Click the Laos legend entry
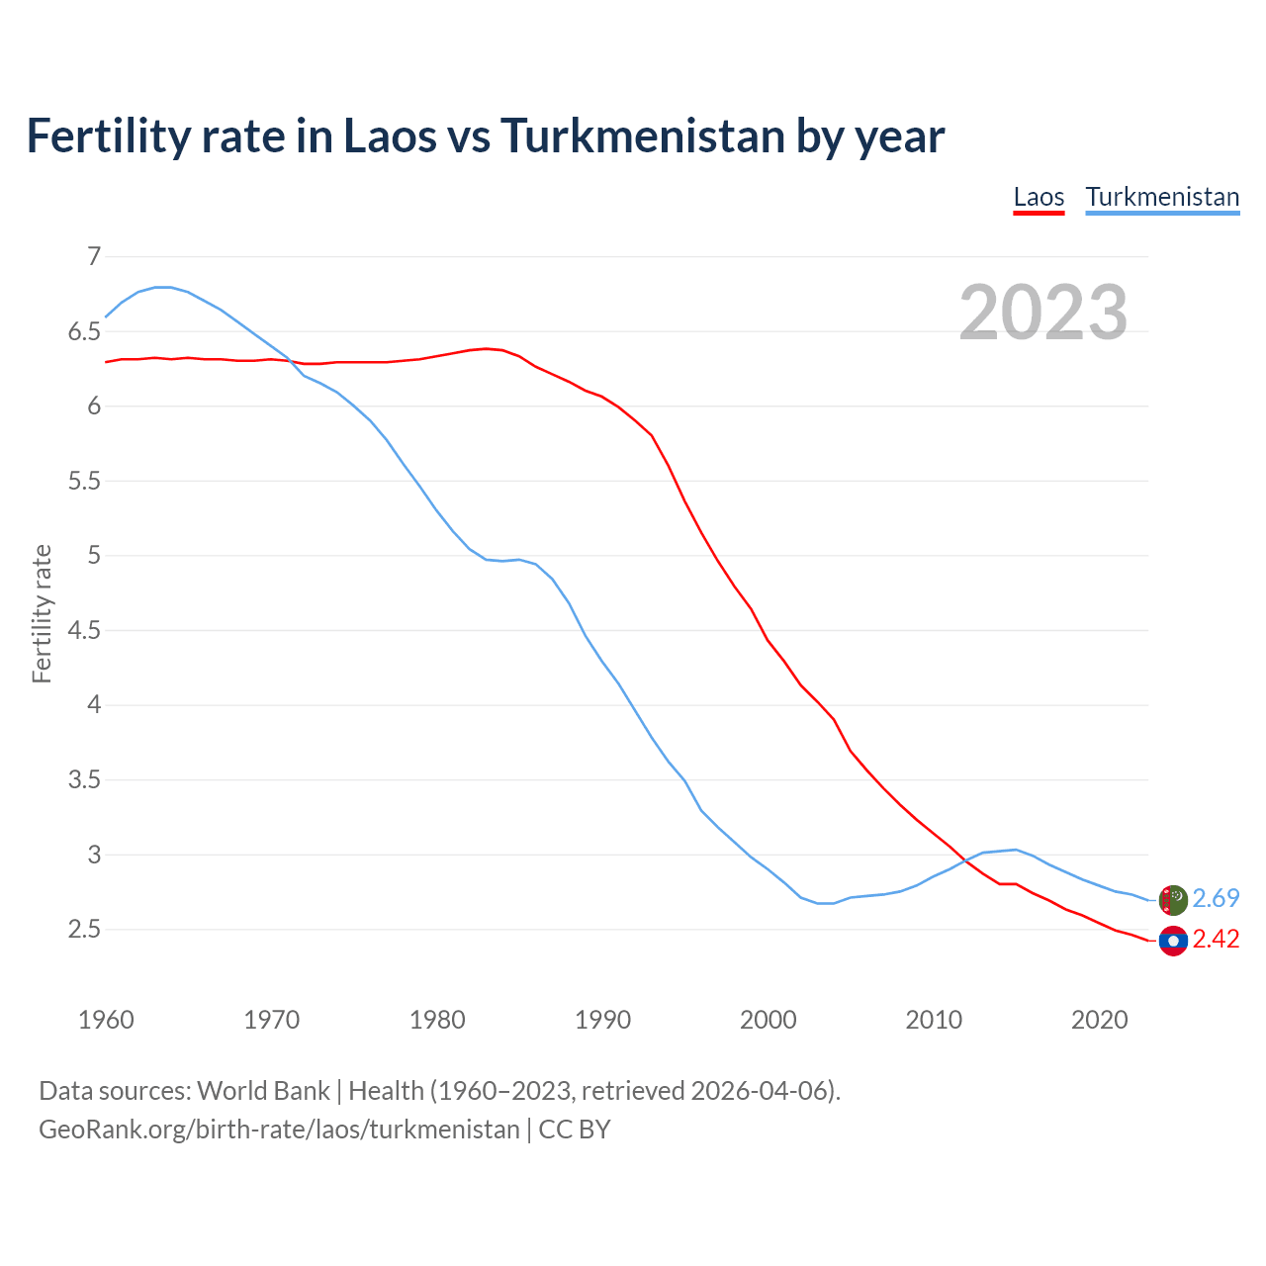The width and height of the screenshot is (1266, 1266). tap(1039, 197)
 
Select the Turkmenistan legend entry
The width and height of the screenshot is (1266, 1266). tap(1162, 197)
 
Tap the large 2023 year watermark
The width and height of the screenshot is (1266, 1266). tap(1042, 313)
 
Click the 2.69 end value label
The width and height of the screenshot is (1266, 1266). tap(1216, 898)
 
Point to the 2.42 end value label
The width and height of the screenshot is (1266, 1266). tap(1216, 939)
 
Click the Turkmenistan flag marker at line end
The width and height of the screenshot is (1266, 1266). tap(1173, 900)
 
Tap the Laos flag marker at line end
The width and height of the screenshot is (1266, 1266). tap(1173, 941)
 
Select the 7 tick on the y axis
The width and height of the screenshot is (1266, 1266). tap(94, 257)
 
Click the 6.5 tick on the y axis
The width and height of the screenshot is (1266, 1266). tap(84, 332)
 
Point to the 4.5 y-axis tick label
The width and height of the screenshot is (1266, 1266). tap(84, 631)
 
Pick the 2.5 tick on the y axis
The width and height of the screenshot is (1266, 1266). tap(84, 930)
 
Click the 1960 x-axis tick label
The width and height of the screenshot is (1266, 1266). tap(106, 1020)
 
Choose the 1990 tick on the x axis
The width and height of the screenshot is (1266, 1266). tap(602, 1020)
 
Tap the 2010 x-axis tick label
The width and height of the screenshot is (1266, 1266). tap(934, 1020)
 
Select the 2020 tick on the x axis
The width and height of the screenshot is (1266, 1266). tap(1099, 1020)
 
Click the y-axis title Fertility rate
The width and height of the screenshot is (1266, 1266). tap(42, 613)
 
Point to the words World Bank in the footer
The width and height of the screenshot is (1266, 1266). tap(263, 1091)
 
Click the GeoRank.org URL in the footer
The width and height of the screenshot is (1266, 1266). tap(279, 1130)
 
